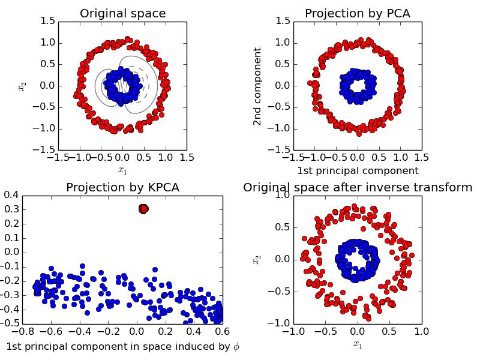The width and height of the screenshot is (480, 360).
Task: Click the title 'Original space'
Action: pyautogui.click(x=122, y=13)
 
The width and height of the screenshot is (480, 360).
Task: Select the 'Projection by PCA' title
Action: pyautogui.click(x=358, y=13)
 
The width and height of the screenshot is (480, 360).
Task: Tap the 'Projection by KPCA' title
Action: pyautogui.click(x=122, y=187)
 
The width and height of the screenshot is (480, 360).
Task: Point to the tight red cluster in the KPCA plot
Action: pyautogui.click(x=143, y=209)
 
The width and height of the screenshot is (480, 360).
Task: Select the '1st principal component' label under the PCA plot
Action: pyautogui.click(x=358, y=170)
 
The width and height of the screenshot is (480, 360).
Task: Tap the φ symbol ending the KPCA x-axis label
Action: pyautogui.click(x=235, y=346)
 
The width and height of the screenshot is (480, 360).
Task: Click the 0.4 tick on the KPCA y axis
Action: pyautogui.click(x=11, y=195)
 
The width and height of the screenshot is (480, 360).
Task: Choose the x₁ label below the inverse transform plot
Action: pyautogui.click(x=358, y=345)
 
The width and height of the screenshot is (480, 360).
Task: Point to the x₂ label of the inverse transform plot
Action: pyautogui.click(x=257, y=259)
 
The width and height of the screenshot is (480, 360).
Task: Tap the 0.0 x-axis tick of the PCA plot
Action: pyautogui.click(x=358, y=157)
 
